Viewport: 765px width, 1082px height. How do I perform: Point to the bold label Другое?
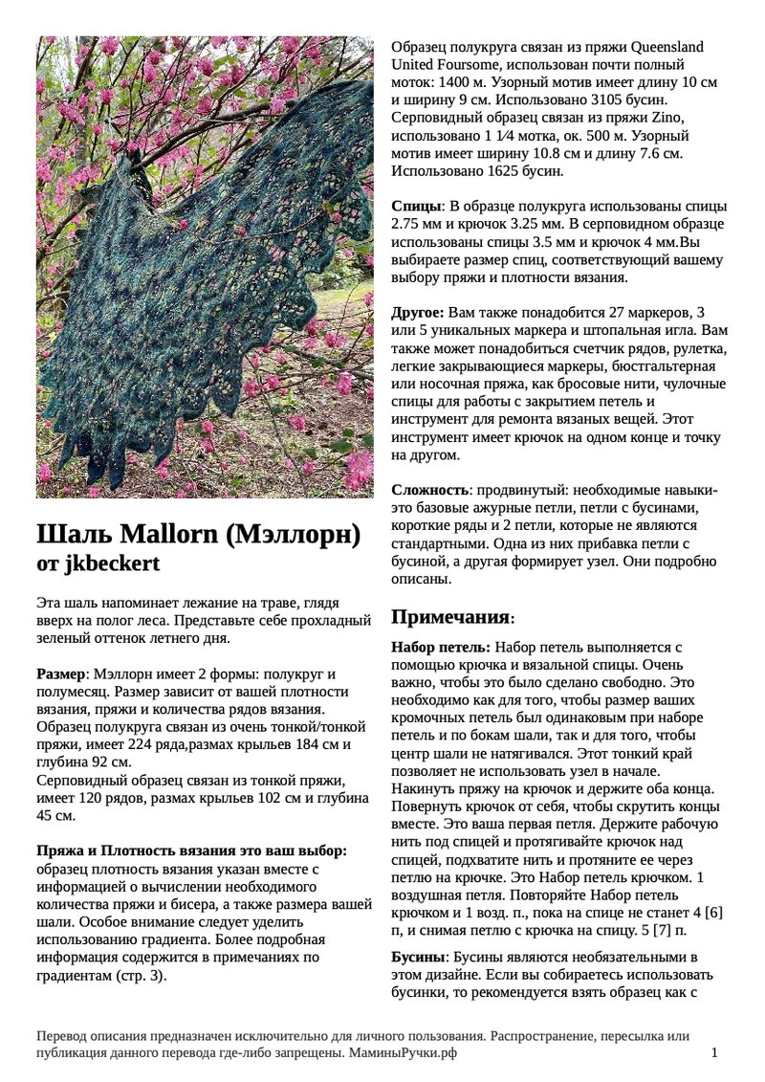click(x=418, y=313)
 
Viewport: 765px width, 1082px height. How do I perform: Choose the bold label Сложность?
click(x=429, y=490)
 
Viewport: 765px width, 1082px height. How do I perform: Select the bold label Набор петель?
click(x=441, y=647)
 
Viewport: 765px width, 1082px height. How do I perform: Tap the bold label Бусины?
click(x=419, y=957)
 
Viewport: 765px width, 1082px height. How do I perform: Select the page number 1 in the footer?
click(x=714, y=1052)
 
